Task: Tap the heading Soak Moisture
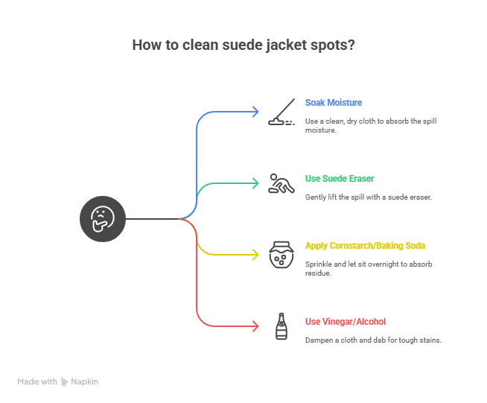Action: [x=334, y=102]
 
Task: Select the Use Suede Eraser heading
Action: [x=340, y=179]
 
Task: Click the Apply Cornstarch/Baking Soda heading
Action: [x=365, y=245]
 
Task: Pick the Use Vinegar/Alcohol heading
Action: [x=346, y=322]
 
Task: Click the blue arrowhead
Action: [x=255, y=112]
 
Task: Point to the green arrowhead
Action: [x=255, y=183]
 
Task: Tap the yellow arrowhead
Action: [x=255, y=255]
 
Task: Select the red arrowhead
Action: [x=255, y=326]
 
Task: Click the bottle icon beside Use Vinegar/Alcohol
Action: [x=281, y=326]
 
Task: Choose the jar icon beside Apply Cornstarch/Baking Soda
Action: [x=280, y=254]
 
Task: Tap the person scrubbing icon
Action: [x=280, y=183]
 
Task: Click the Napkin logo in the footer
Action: [x=80, y=381]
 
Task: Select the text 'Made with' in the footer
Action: [x=37, y=381]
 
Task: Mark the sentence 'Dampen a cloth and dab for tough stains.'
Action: [x=374, y=340]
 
